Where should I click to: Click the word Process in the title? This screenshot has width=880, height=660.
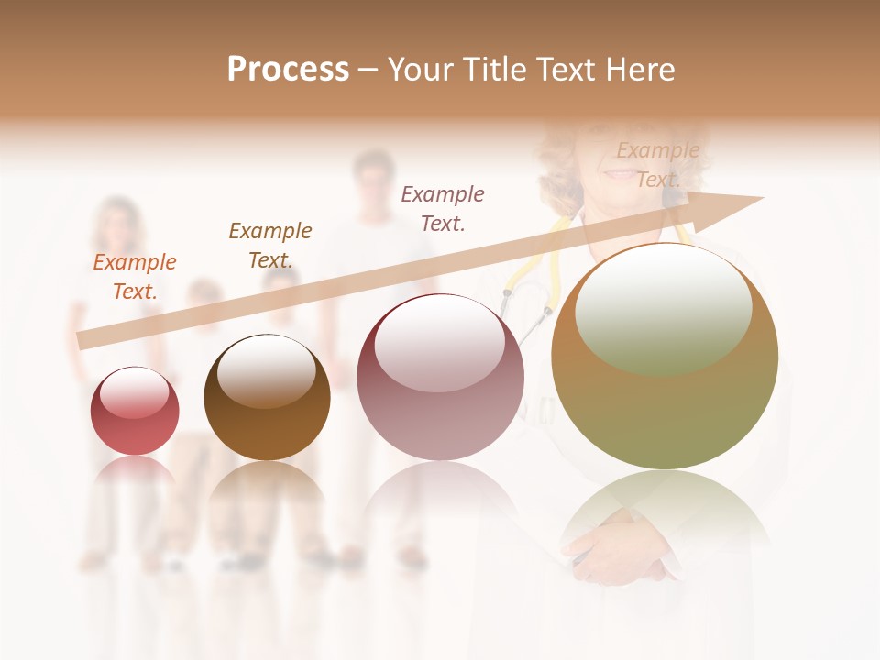point(288,70)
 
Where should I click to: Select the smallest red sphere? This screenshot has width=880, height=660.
point(135,412)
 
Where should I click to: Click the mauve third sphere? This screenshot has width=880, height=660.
point(440,378)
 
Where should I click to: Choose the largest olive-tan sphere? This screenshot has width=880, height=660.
point(665,357)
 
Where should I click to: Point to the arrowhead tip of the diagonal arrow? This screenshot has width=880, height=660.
point(763,198)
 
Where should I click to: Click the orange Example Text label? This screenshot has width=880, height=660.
point(135,277)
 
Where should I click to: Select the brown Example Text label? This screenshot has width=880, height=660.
point(270,245)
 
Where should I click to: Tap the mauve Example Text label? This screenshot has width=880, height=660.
point(443,208)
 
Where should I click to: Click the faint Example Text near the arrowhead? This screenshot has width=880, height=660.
point(657,164)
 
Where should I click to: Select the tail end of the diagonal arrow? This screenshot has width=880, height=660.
point(81,340)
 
